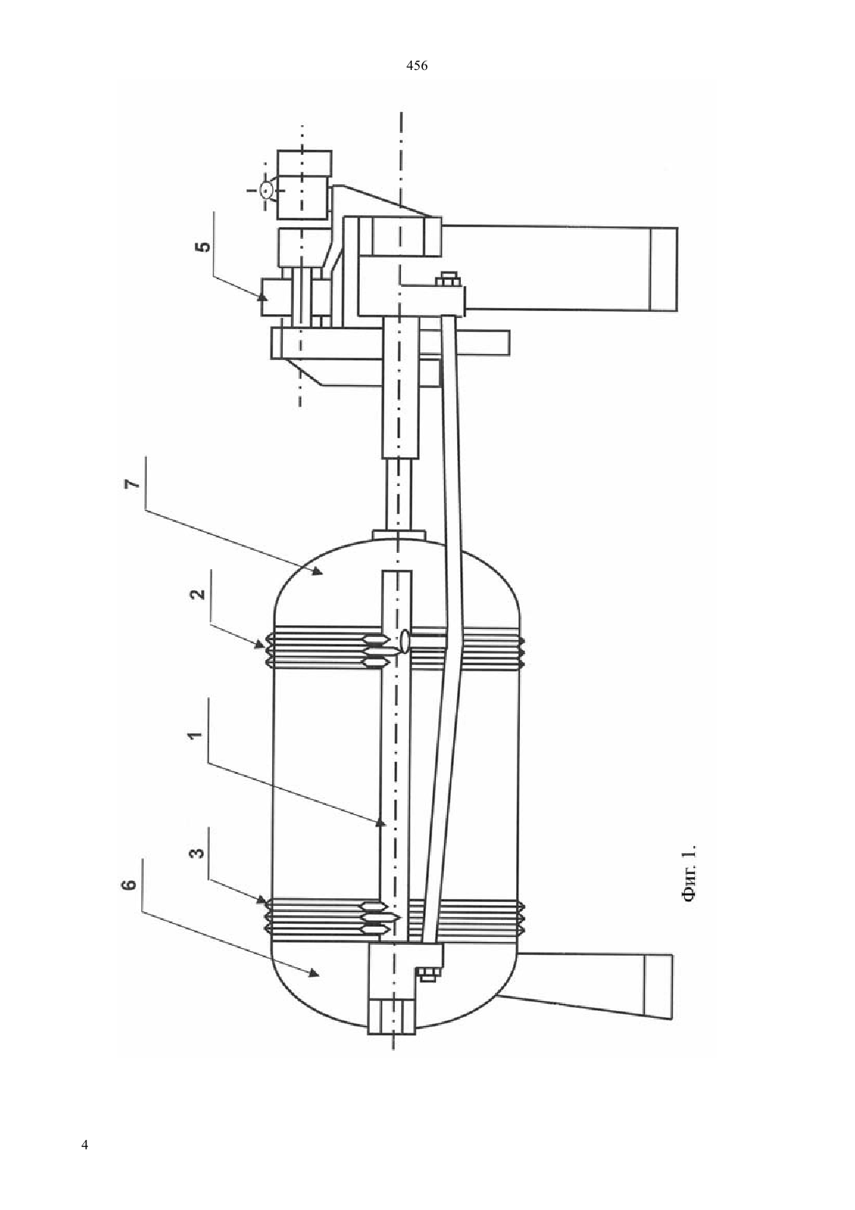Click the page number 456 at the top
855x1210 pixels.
[x=417, y=66]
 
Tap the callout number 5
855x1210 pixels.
[x=204, y=247]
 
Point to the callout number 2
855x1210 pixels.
[x=199, y=593]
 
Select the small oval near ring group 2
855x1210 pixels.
[x=404, y=639]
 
